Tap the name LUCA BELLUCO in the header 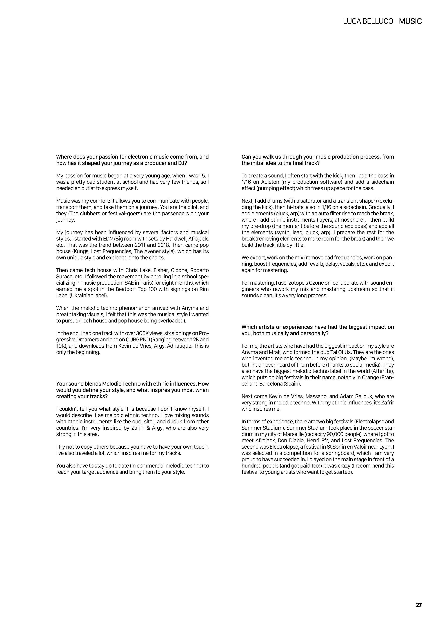click(x=368, y=21)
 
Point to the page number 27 click(x=419, y=605)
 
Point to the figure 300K click(x=143, y=333)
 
